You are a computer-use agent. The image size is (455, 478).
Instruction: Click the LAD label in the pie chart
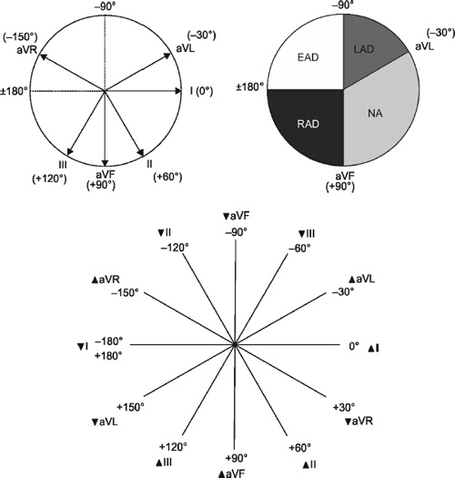point(364,49)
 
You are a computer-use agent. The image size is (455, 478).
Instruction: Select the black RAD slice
point(308,125)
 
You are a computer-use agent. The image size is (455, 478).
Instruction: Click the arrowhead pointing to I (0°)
point(178,91)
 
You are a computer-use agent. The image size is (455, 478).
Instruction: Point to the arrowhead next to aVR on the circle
point(44,56)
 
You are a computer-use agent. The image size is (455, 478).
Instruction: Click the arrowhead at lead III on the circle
point(70,151)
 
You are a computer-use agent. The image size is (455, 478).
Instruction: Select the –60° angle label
point(299,249)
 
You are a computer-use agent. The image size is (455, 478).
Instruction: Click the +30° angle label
point(344,407)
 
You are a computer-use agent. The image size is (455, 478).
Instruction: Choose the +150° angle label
point(130,407)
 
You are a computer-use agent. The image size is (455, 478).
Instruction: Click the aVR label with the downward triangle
point(359,422)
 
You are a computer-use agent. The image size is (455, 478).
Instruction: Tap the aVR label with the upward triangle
point(106,280)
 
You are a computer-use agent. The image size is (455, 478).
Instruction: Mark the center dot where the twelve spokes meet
point(235,345)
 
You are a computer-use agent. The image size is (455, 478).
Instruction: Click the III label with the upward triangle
point(164,463)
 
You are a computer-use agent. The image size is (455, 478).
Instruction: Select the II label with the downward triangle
point(165,233)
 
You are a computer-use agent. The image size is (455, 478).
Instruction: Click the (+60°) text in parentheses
point(167,177)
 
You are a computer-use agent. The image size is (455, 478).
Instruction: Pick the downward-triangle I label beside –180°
point(83,347)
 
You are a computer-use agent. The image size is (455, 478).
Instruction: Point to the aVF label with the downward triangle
point(237,217)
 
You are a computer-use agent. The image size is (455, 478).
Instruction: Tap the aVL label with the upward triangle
point(362,280)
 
